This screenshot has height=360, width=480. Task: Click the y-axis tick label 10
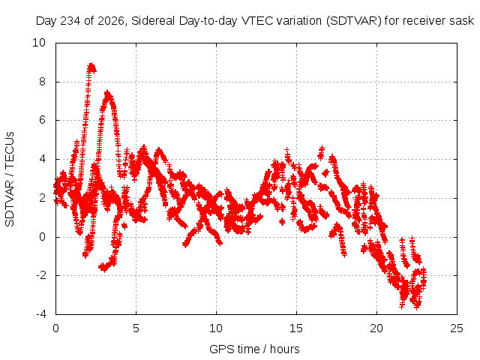(x=39, y=43)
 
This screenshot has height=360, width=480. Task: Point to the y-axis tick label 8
(x=42, y=82)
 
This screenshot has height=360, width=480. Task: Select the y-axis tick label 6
(x=42, y=120)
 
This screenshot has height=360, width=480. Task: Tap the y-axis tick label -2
(x=41, y=275)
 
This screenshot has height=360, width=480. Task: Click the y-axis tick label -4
(x=41, y=314)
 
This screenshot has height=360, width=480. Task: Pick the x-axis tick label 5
(x=136, y=328)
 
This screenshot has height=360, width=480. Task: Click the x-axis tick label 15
(x=296, y=328)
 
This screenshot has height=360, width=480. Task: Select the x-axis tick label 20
(x=376, y=328)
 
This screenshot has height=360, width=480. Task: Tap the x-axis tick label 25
(x=457, y=328)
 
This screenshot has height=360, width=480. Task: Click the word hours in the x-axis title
(x=285, y=349)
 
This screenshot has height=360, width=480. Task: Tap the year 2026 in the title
(x=112, y=21)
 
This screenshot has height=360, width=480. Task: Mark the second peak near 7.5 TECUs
(x=107, y=93)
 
